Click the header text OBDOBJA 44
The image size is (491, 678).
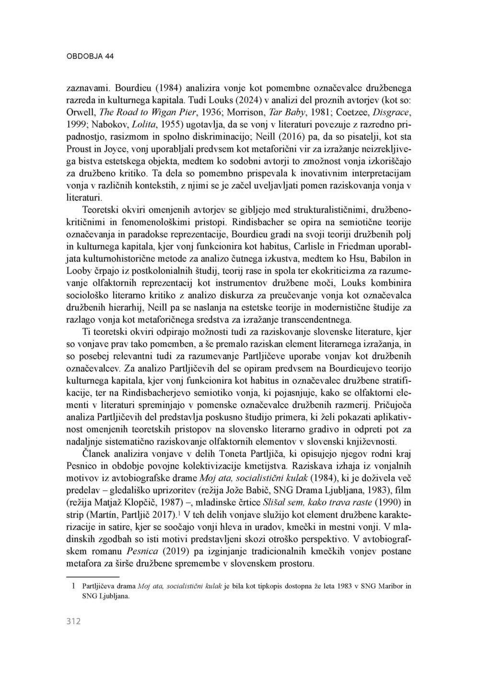90,56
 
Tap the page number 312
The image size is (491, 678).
73,621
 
